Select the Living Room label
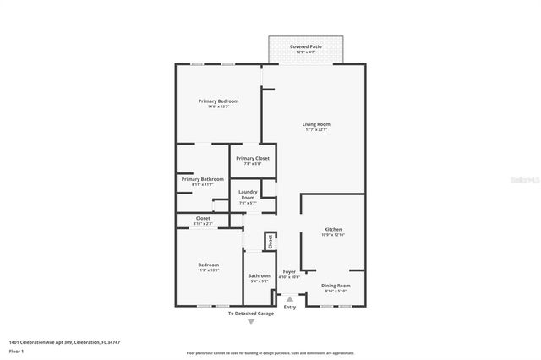pos(315,125)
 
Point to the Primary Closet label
pos(252,159)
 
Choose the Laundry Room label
pos(247,195)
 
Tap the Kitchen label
pos(332,230)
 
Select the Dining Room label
pos(335,286)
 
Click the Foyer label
pos(289,272)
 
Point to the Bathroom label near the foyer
pos(259,275)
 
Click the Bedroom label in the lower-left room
pos(207,265)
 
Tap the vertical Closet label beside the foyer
pos(270,242)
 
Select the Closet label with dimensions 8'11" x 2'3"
pos(202,219)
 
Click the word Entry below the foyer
pos(290,307)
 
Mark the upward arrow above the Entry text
pos(290,298)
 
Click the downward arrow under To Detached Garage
pos(250,322)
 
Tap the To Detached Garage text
pos(250,314)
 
